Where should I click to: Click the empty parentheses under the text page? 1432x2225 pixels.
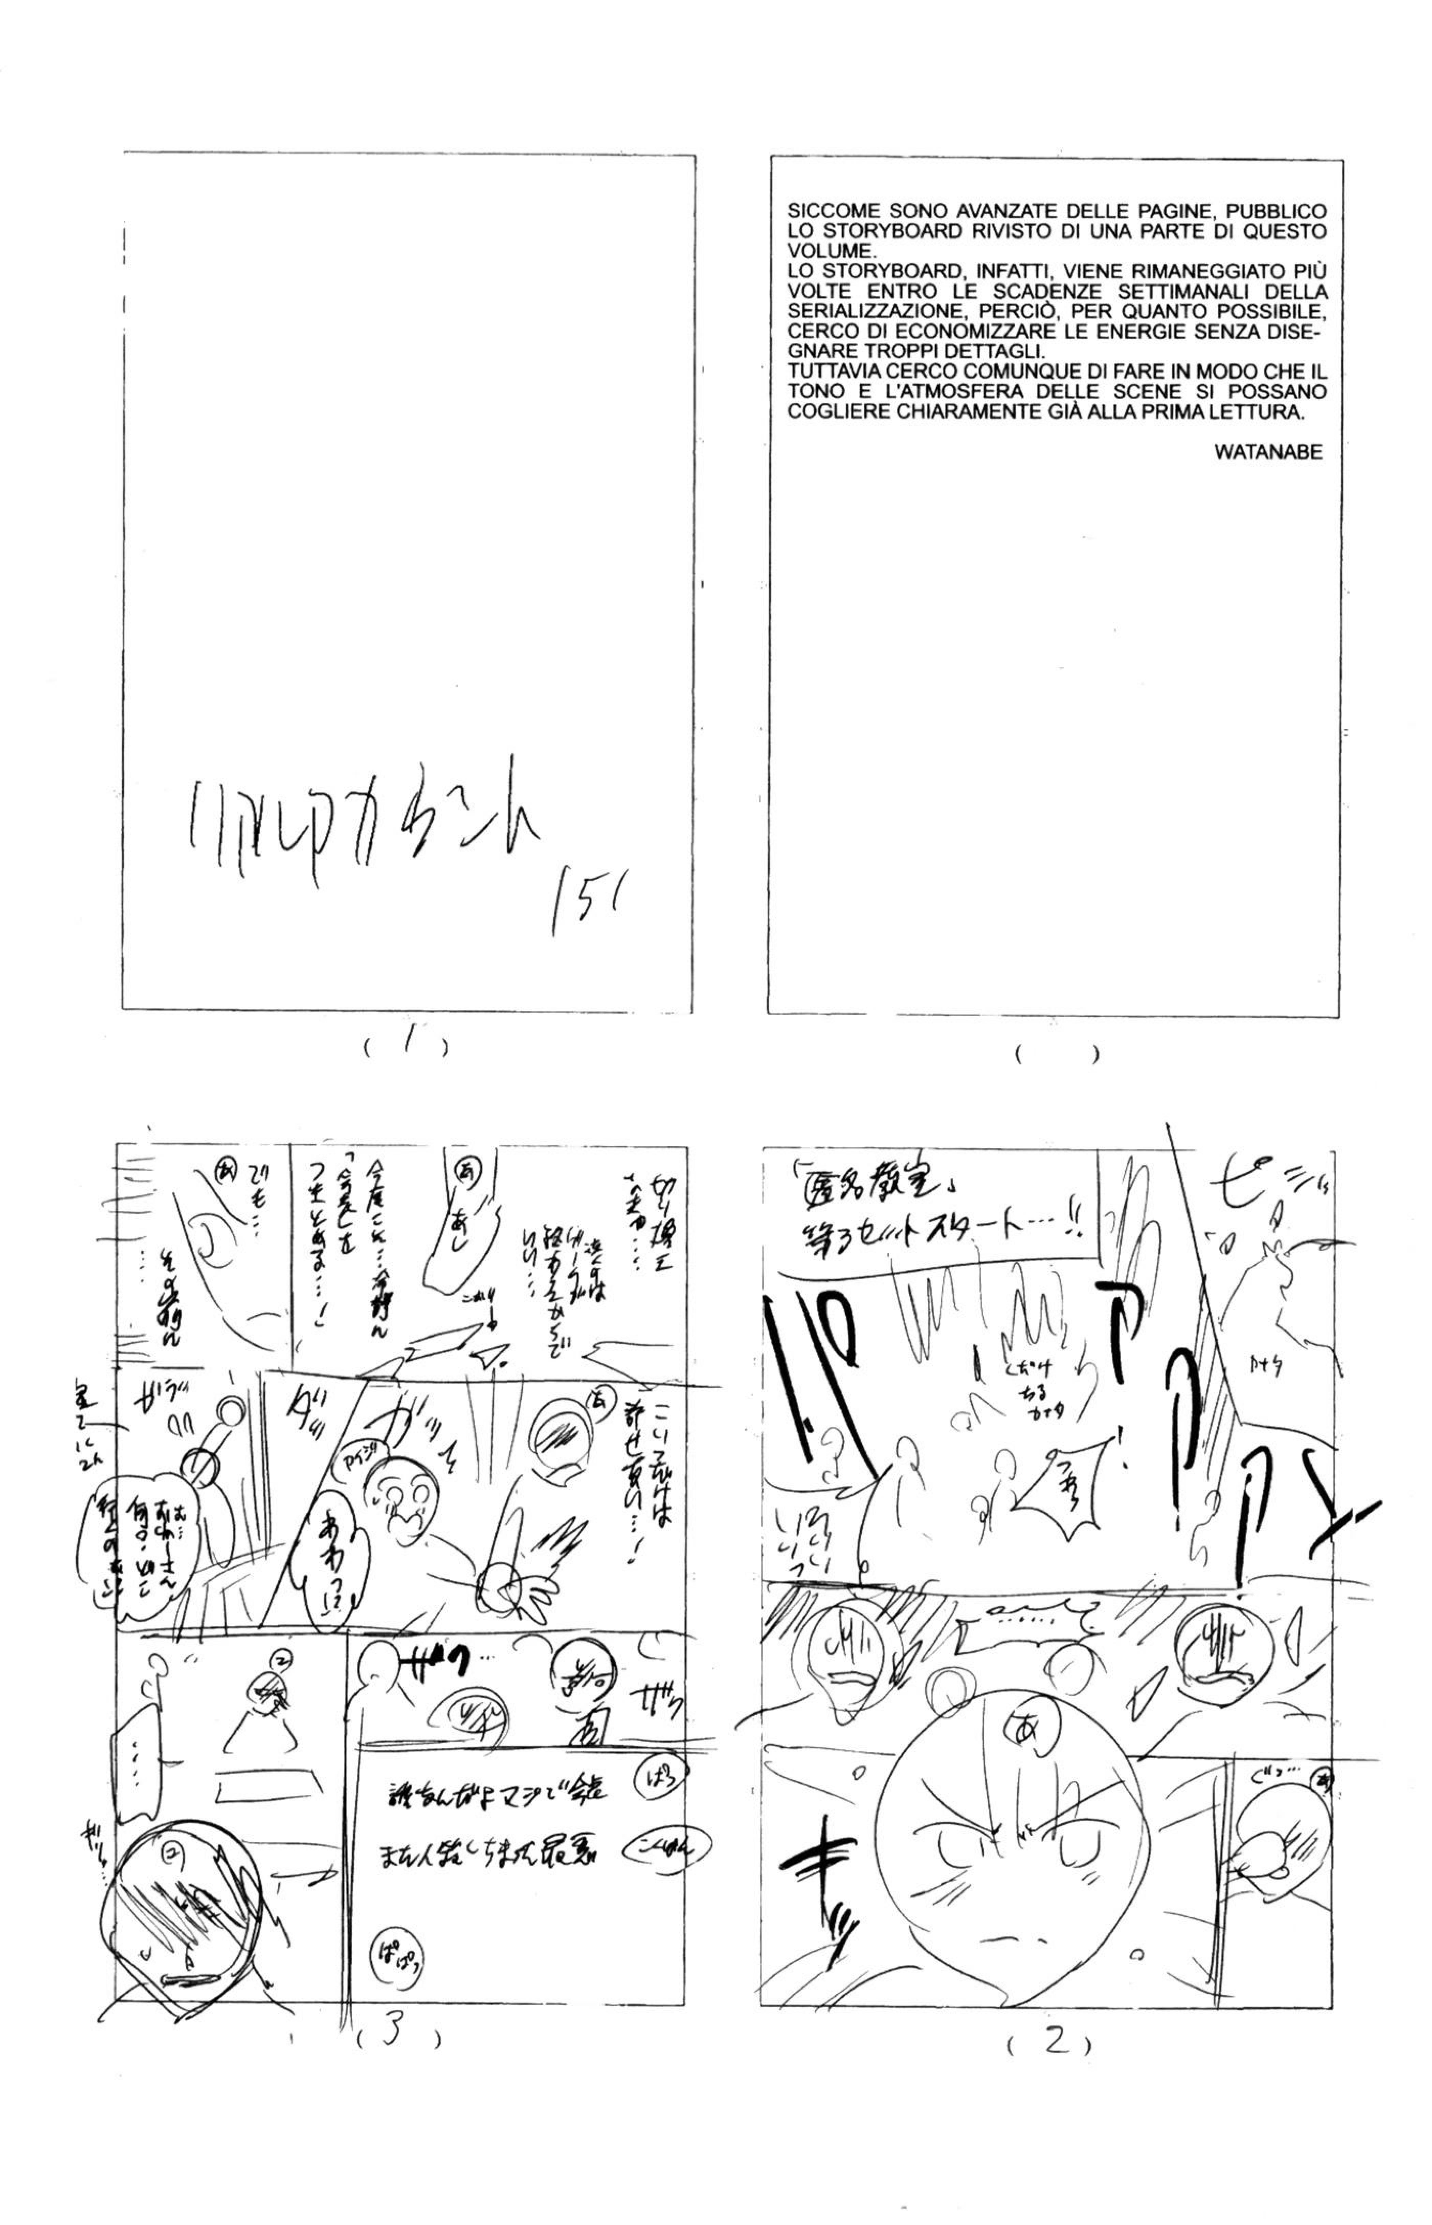1056,1055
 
